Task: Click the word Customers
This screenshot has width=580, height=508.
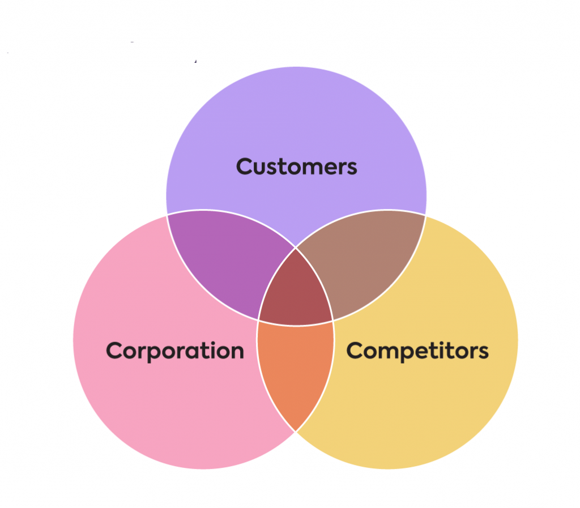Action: click(x=296, y=167)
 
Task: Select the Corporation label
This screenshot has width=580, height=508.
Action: click(x=175, y=351)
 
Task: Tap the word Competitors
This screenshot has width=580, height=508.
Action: click(x=417, y=351)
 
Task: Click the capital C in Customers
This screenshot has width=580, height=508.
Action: click(x=245, y=167)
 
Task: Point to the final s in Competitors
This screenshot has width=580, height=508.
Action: click(x=483, y=353)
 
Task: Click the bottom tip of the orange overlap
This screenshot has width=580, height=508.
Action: click(x=296, y=431)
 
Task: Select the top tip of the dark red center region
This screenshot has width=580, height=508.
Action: click(x=296, y=249)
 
